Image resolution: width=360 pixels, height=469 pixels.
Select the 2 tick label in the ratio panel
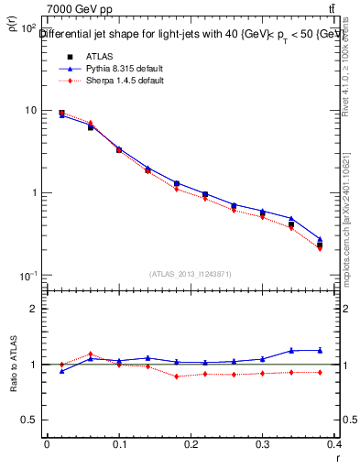pos(34,309)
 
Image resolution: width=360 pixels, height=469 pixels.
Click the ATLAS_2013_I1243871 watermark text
pos(191,274)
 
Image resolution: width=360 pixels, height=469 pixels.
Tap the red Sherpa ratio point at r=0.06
pos(90,354)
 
